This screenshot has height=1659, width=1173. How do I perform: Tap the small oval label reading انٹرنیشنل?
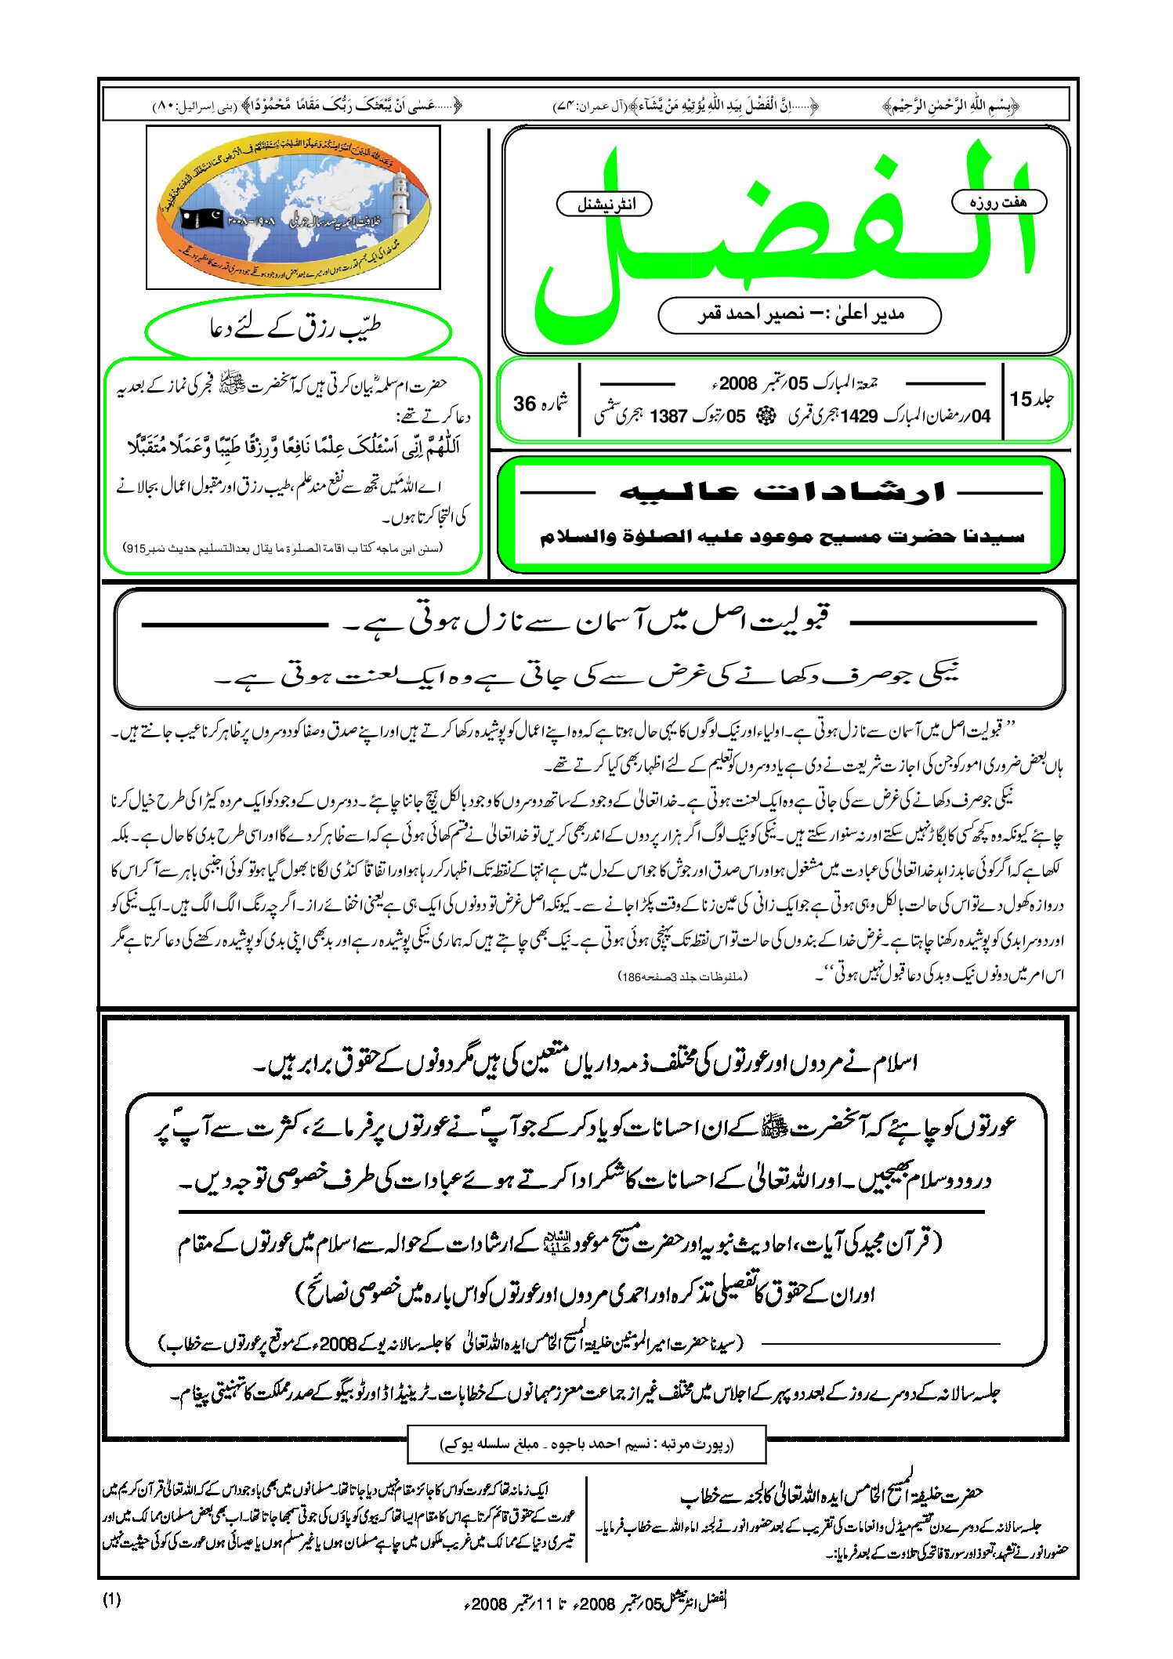pyautogui.click(x=604, y=205)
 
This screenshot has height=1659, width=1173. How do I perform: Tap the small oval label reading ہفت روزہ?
pyautogui.click(x=998, y=201)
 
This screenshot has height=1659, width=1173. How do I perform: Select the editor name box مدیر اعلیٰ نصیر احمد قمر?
pyautogui.click(x=799, y=315)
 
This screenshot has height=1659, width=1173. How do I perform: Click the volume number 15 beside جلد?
pyautogui.click(x=1021, y=399)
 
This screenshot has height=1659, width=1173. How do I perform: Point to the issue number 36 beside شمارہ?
pyautogui.click(x=525, y=404)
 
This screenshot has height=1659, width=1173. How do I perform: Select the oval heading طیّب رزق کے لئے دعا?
pyautogui.click(x=298, y=328)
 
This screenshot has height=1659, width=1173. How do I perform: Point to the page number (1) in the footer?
pyautogui.click(x=112, y=1599)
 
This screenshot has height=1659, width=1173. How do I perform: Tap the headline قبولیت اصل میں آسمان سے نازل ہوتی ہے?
pyautogui.click(x=588, y=623)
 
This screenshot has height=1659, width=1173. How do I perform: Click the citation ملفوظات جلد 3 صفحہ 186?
pyautogui.click(x=683, y=976)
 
